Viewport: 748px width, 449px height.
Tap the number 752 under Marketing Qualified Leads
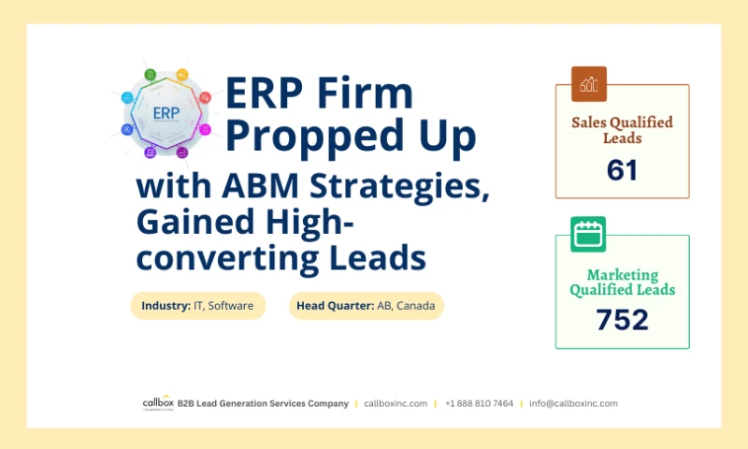click(622, 320)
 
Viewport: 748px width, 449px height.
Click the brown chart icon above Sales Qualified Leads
click(589, 84)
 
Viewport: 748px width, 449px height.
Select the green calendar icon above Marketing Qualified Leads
click(588, 234)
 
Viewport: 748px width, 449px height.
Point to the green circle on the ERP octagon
click(150, 74)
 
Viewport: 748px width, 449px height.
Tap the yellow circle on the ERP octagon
click(181, 74)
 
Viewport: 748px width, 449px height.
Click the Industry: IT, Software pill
click(197, 306)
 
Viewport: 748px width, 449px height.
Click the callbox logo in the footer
click(157, 402)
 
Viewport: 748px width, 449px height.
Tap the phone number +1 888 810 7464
click(479, 403)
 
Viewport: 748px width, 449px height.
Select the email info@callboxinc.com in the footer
click(573, 403)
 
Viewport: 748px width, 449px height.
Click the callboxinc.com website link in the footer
click(396, 403)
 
